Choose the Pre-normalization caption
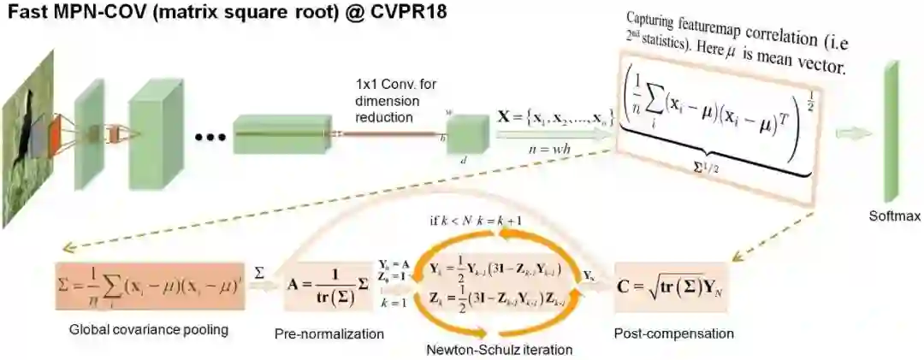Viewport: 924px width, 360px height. coord(321,332)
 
